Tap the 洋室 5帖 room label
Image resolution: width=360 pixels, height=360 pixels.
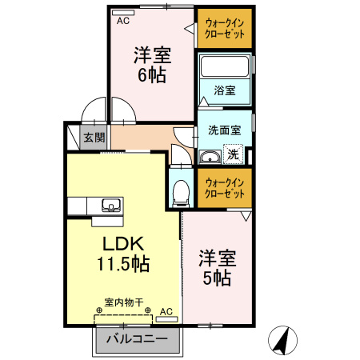(x=217, y=268)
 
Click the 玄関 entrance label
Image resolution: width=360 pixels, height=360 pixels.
(x=94, y=138)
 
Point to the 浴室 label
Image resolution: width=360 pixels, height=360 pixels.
(x=225, y=90)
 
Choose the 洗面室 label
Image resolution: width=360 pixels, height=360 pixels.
(x=224, y=130)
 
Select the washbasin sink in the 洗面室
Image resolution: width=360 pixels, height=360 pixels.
(x=210, y=156)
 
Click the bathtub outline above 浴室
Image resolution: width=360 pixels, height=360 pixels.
(x=225, y=66)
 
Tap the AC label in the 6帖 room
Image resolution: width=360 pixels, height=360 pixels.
(x=123, y=22)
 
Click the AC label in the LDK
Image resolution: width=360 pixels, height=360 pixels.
(x=166, y=310)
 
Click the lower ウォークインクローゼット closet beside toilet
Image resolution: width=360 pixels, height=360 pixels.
(x=225, y=189)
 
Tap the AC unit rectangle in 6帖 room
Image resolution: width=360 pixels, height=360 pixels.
(x=124, y=13)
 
